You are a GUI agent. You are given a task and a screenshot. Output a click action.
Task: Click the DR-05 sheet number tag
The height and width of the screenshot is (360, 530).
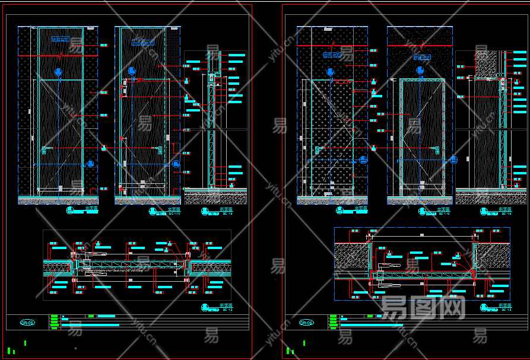click(x=27, y=323)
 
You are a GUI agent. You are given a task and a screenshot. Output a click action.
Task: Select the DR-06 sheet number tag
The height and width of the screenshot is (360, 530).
click(x=306, y=323)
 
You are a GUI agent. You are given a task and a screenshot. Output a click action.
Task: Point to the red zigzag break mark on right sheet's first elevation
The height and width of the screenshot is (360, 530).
click(x=334, y=44)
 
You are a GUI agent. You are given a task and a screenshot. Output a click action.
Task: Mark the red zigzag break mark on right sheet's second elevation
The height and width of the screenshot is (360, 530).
click(x=423, y=45)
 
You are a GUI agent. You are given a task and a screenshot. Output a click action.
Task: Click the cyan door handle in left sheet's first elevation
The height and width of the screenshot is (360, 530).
click(x=48, y=147)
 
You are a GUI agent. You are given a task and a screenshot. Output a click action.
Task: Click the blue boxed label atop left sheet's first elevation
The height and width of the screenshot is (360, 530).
click(x=60, y=39)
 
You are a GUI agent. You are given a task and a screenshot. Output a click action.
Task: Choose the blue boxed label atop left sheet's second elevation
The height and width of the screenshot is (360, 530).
click(x=142, y=42)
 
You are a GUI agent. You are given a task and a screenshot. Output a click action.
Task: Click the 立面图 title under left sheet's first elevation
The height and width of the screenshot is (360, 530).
click(x=91, y=208)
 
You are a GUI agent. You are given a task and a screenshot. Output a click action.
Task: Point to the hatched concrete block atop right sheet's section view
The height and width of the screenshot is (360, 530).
click(x=486, y=64)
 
